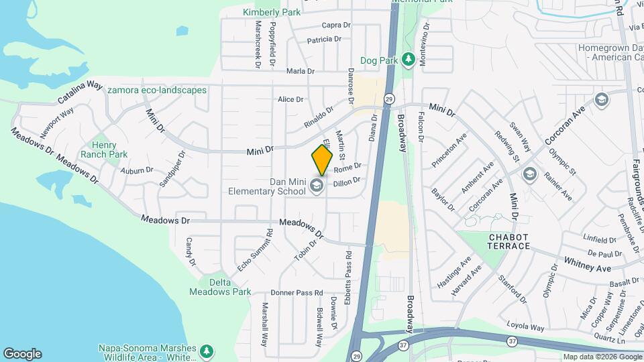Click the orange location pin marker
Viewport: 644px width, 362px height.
(x=322, y=160)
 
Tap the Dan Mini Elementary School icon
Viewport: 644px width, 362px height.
(x=317, y=186)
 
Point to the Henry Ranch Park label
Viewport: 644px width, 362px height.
(x=104, y=149)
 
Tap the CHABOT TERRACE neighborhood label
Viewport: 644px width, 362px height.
(x=509, y=242)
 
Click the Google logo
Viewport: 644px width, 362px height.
(x=22, y=354)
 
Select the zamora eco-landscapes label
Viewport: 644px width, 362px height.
(x=157, y=90)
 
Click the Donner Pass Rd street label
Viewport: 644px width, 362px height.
(x=297, y=293)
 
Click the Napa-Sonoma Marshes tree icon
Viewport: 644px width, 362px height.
(x=207, y=351)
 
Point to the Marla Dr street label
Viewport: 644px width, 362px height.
(x=300, y=71)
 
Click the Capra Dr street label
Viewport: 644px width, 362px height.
(x=336, y=25)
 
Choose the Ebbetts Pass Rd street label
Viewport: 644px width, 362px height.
(x=348, y=271)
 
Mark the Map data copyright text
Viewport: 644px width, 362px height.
(x=602, y=357)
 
